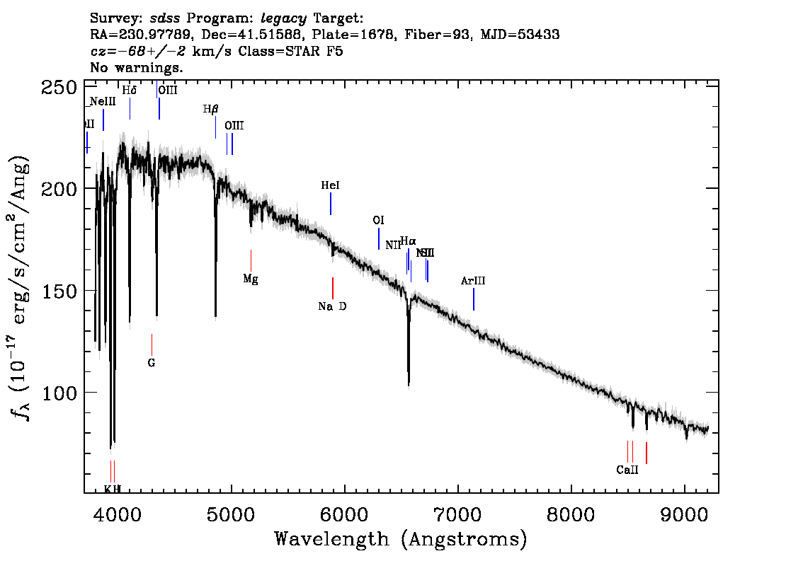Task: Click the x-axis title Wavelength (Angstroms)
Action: point(401,539)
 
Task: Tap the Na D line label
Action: point(332,306)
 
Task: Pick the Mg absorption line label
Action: point(251,279)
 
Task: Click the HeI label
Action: point(330,185)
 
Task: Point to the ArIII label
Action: point(473,281)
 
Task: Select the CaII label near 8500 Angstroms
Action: point(627,470)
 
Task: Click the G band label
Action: point(152,363)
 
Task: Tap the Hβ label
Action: point(211,109)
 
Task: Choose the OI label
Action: point(378,220)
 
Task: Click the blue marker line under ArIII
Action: point(473,299)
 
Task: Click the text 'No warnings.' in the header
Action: point(137,68)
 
